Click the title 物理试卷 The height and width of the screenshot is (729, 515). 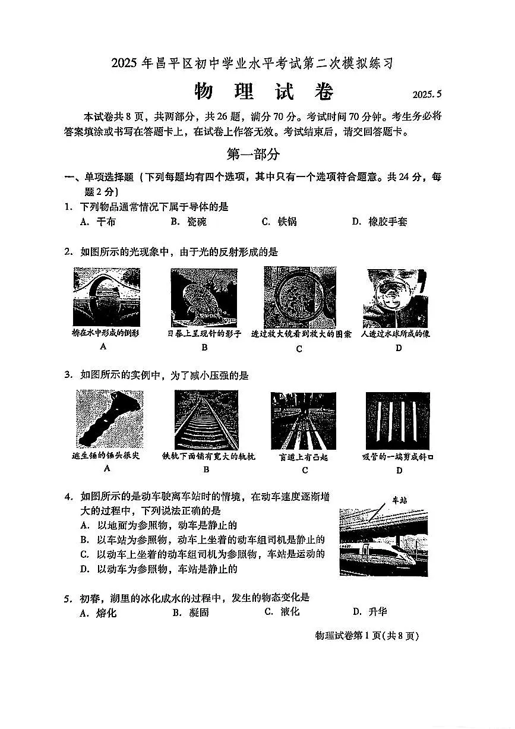pos(264,92)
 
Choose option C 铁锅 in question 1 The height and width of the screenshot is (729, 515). pos(279,222)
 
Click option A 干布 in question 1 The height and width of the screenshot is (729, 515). pos(98,222)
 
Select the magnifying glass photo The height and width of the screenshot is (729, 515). pos(299,297)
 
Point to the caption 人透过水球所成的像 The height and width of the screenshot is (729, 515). pos(396,334)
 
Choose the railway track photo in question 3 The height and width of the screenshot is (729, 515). pos(206,419)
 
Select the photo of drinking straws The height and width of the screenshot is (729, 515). pos(397,421)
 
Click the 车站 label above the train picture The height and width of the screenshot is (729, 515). pos(400,500)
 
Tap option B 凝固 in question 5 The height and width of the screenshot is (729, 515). pos(191,613)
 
